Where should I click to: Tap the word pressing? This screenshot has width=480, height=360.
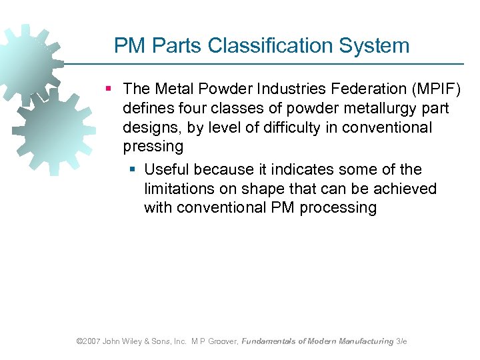(153, 146)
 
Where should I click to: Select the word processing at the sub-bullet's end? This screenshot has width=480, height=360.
(338, 207)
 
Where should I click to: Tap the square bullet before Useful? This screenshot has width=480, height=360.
(132, 169)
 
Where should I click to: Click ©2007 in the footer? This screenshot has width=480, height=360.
(88, 341)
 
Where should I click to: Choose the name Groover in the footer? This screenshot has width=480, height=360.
(219, 341)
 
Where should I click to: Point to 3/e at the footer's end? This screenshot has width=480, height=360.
(401, 341)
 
